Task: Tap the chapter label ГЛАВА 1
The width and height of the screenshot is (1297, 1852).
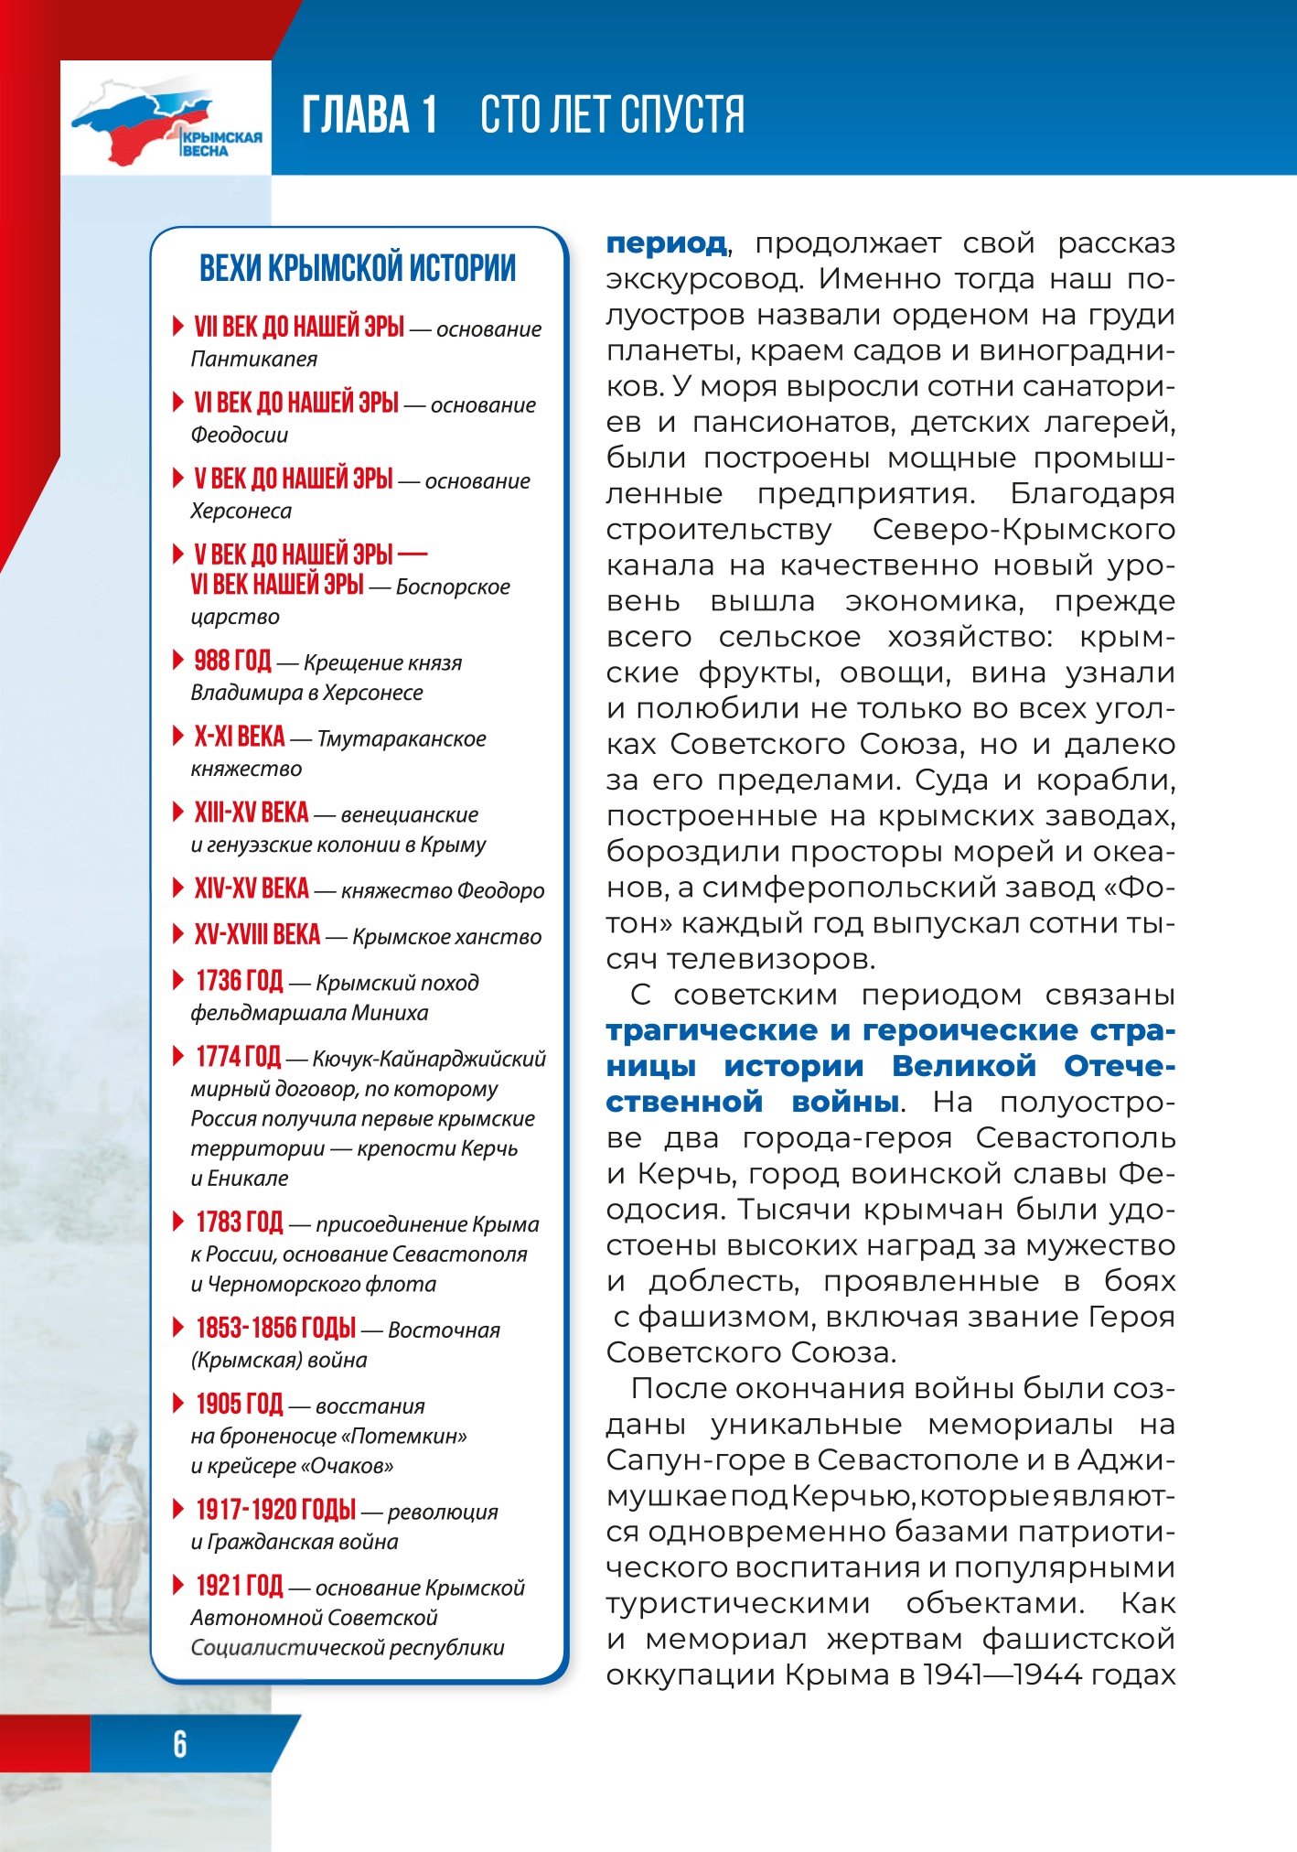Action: coord(370,115)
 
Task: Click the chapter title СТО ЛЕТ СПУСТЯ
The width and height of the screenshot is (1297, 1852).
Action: coord(612,115)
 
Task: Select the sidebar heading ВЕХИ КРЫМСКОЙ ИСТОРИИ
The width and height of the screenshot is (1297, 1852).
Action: coord(358,268)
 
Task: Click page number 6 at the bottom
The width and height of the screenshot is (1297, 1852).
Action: coord(180,1744)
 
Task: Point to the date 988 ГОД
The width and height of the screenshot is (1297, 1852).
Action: coord(232,661)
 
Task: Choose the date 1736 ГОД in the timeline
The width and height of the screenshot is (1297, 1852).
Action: coord(239,981)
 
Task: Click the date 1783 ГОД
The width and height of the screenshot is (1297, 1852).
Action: coord(239,1222)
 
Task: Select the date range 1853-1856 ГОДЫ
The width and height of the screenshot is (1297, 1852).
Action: coord(275,1329)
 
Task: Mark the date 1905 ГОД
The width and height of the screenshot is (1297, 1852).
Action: coord(239,1405)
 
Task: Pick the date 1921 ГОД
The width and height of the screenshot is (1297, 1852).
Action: coord(239,1586)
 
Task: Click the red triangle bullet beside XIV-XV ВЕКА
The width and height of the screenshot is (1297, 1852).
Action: coord(178,887)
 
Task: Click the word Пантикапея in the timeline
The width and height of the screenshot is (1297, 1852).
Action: coord(253,360)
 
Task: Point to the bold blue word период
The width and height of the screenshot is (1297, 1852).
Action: coord(667,243)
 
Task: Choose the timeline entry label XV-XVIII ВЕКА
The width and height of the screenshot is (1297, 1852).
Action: coord(257,935)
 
